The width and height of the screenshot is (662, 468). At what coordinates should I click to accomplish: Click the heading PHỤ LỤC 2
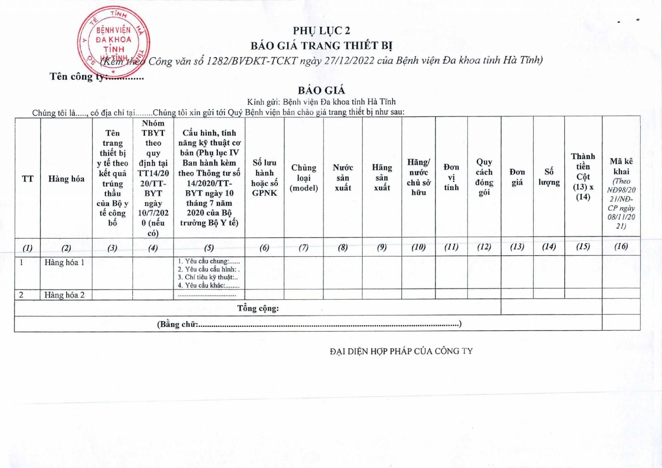click(x=321, y=31)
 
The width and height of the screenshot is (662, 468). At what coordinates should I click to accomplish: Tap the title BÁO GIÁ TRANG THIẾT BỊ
click(x=321, y=46)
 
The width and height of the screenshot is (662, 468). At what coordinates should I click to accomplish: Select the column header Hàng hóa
click(x=66, y=179)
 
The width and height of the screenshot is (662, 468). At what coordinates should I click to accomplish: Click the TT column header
click(x=27, y=179)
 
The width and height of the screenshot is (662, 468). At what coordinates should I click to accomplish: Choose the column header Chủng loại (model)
click(x=304, y=178)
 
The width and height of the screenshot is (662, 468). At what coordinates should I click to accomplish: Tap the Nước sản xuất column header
click(x=343, y=178)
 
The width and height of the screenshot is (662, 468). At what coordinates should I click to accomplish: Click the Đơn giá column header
click(x=517, y=177)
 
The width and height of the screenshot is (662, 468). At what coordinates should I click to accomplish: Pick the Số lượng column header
click(x=549, y=177)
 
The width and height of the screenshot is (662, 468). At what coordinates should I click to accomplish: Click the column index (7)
click(x=304, y=247)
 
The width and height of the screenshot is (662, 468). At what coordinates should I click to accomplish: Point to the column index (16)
click(x=621, y=247)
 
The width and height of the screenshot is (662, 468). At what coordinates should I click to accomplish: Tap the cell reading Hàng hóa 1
click(x=65, y=262)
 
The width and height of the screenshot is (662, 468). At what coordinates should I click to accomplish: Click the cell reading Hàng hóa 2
click(x=65, y=295)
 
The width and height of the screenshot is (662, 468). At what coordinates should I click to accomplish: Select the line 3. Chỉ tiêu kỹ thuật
click(x=208, y=277)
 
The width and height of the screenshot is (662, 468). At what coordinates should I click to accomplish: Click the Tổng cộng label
click(x=258, y=308)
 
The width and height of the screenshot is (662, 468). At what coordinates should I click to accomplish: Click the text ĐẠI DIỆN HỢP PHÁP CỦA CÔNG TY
click(x=401, y=351)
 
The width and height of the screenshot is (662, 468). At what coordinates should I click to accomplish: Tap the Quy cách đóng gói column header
click(x=484, y=177)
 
